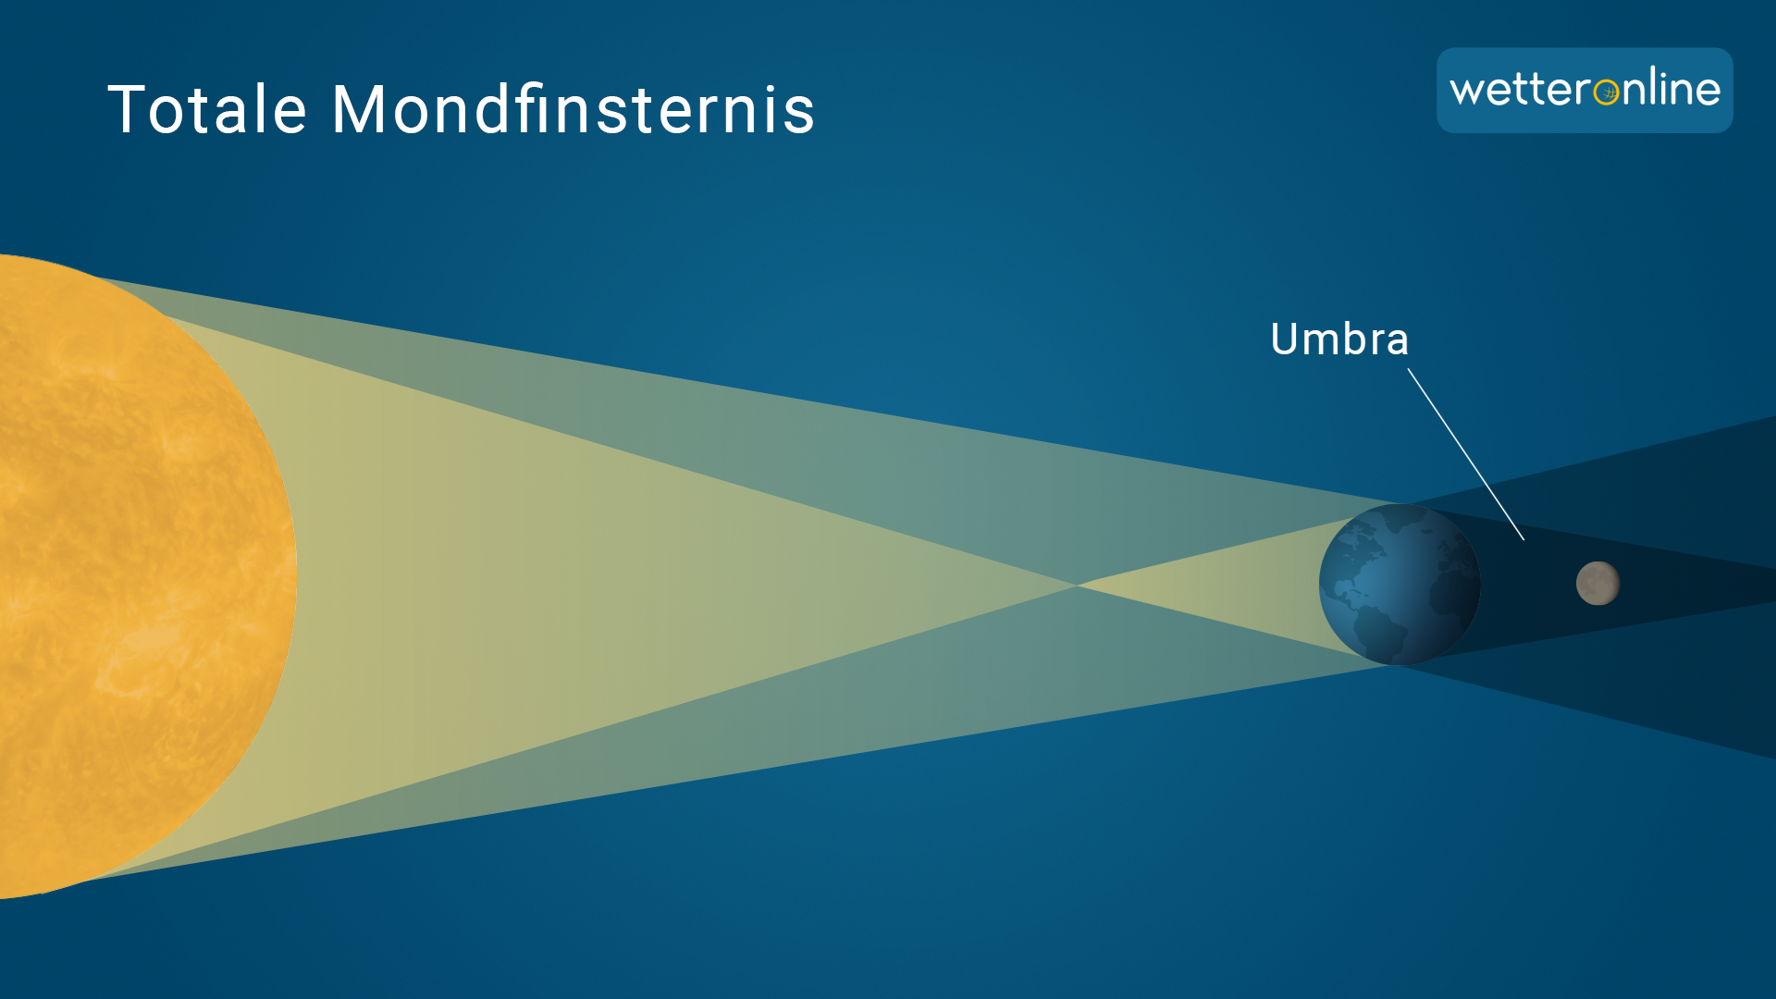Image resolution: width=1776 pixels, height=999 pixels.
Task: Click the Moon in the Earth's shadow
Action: point(1597,584)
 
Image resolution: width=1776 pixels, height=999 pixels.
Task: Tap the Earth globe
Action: point(1400,584)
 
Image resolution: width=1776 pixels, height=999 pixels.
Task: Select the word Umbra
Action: point(1339,339)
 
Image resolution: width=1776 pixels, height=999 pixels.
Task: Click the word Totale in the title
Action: point(207,109)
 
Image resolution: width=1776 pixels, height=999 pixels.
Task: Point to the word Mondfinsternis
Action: point(573,108)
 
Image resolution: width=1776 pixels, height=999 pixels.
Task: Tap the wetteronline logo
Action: point(1585,90)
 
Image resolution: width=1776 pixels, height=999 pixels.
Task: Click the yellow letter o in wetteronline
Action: point(1607,92)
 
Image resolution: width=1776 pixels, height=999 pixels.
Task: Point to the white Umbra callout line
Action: point(1466,454)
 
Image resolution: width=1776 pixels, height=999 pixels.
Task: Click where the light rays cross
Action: point(1076,585)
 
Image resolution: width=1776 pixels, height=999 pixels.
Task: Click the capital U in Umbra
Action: point(1285,339)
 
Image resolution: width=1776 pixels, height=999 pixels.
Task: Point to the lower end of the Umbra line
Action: point(1523,539)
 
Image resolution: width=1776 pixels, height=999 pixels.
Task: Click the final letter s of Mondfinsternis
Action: point(800,116)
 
